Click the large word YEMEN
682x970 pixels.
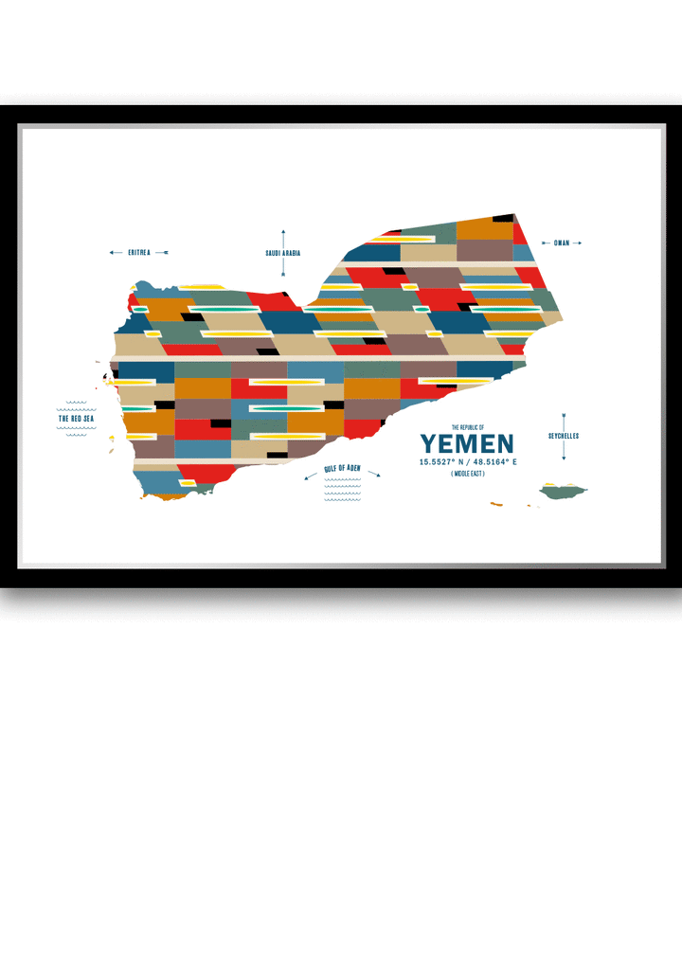pos(467,443)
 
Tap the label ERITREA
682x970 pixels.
pos(139,253)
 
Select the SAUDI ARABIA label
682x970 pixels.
pos(282,253)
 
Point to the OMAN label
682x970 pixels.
pos(562,243)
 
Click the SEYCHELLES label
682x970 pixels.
pos(563,436)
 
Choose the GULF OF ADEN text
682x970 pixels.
pos(342,469)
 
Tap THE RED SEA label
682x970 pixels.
pos(76,418)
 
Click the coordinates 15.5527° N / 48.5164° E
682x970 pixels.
pos(468,461)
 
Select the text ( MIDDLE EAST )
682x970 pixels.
pos(467,473)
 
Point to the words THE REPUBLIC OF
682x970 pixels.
pos(467,427)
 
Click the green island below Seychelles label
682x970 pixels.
pos(563,491)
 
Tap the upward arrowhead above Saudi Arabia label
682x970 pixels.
pos(282,231)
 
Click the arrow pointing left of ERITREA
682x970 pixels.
pos(115,253)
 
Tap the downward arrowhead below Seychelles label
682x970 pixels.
pos(563,458)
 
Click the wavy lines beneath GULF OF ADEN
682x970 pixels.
pos(342,488)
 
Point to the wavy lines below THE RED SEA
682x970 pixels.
pos(76,430)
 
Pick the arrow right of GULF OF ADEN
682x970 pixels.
pos(374,474)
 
